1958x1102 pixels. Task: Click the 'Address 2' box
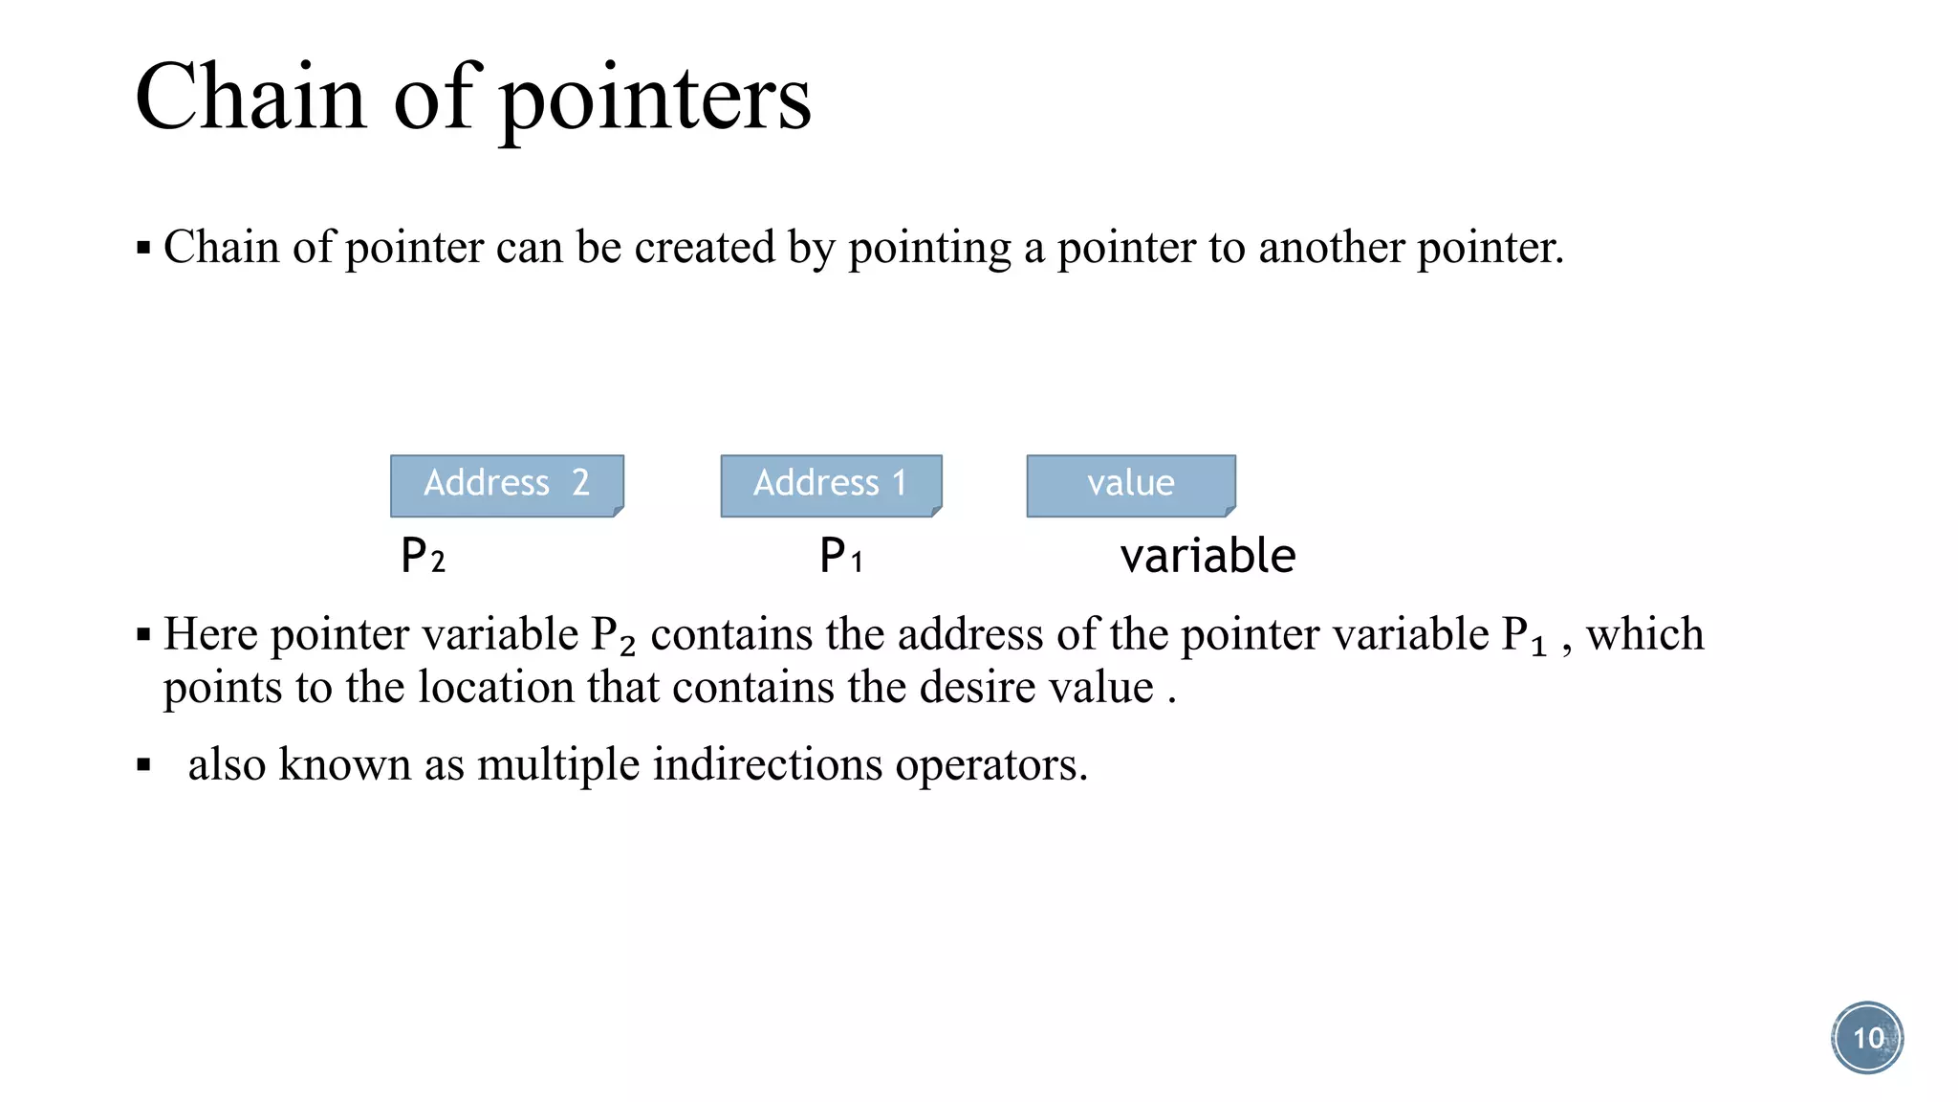pyautogui.click(x=507, y=485)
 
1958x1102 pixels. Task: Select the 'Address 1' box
pyautogui.click(x=831, y=485)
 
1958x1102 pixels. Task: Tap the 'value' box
pyautogui.click(x=1131, y=485)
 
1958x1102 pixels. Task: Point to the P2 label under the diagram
pyautogui.click(x=423, y=556)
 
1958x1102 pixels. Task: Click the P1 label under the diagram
pyautogui.click(x=841, y=556)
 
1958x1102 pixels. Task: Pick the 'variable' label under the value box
pyautogui.click(x=1207, y=556)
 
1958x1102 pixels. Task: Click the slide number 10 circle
pyautogui.click(x=1867, y=1038)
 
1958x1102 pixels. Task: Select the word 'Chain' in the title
pyautogui.click(x=251, y=98)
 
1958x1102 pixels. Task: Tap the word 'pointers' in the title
pyautogui.click(x=656, y=98)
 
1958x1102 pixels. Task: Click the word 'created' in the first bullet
pyautogui.click(x=704, y=248)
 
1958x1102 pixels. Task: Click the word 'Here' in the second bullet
pyautogui.click(x=210, y=634)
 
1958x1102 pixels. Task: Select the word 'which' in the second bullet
pyautogui.click(x=1644, y=634)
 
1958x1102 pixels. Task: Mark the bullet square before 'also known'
pyautogui.click(x=144, y=765)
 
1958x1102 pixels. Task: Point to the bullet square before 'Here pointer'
pyautogui.click(x=144, y=635)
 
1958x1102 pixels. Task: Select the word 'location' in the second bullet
pyautogui.click(x=496, y=688)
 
